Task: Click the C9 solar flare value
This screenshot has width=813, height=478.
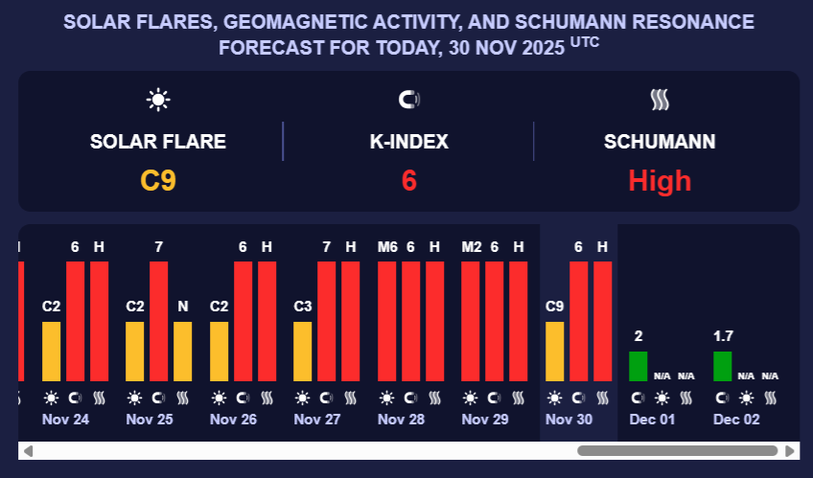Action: (x=158, y=180)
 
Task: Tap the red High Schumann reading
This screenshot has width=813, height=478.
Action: (x=660, y=180)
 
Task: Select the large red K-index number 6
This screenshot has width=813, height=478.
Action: (x=408, y=180)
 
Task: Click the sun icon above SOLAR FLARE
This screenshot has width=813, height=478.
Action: (x=158, y=99)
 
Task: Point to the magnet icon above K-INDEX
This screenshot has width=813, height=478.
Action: (x=408, y=99)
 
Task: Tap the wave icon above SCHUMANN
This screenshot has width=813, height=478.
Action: (x=660, y=99)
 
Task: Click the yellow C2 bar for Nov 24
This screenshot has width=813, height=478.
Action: (x=52, y=352)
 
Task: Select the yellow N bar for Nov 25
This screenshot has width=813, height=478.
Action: (x=183, y=352)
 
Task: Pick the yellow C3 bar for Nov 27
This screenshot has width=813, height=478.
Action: (x=303, y=352)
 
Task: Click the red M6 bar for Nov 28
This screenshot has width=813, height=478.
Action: (x=387, y=321)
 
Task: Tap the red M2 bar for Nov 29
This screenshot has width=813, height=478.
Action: (x=471, y=321)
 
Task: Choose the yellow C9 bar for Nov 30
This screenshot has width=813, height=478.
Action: (x=555, y=352)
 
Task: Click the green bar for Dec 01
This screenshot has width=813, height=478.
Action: (x=639, y=366)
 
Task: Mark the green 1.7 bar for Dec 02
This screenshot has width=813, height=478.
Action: (x=723, y=366)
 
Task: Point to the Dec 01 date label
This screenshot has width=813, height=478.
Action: (x=653, y=419)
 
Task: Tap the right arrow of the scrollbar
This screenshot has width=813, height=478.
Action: (x=790, y=450)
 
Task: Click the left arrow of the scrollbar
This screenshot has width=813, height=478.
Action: (x=28, y=450)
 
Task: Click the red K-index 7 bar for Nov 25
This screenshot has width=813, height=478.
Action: (x=159, y=321)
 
